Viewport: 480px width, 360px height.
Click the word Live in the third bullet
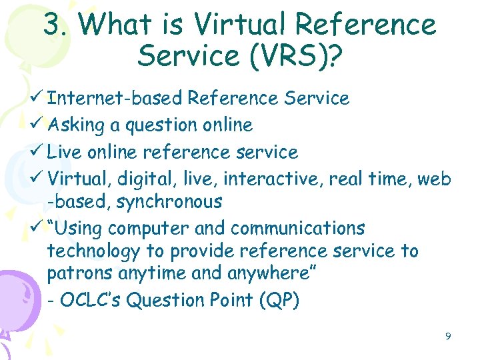(x=65, y=152)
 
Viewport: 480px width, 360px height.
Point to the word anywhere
(x=271, y=274)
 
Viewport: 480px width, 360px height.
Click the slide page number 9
(x=448, y=337)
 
